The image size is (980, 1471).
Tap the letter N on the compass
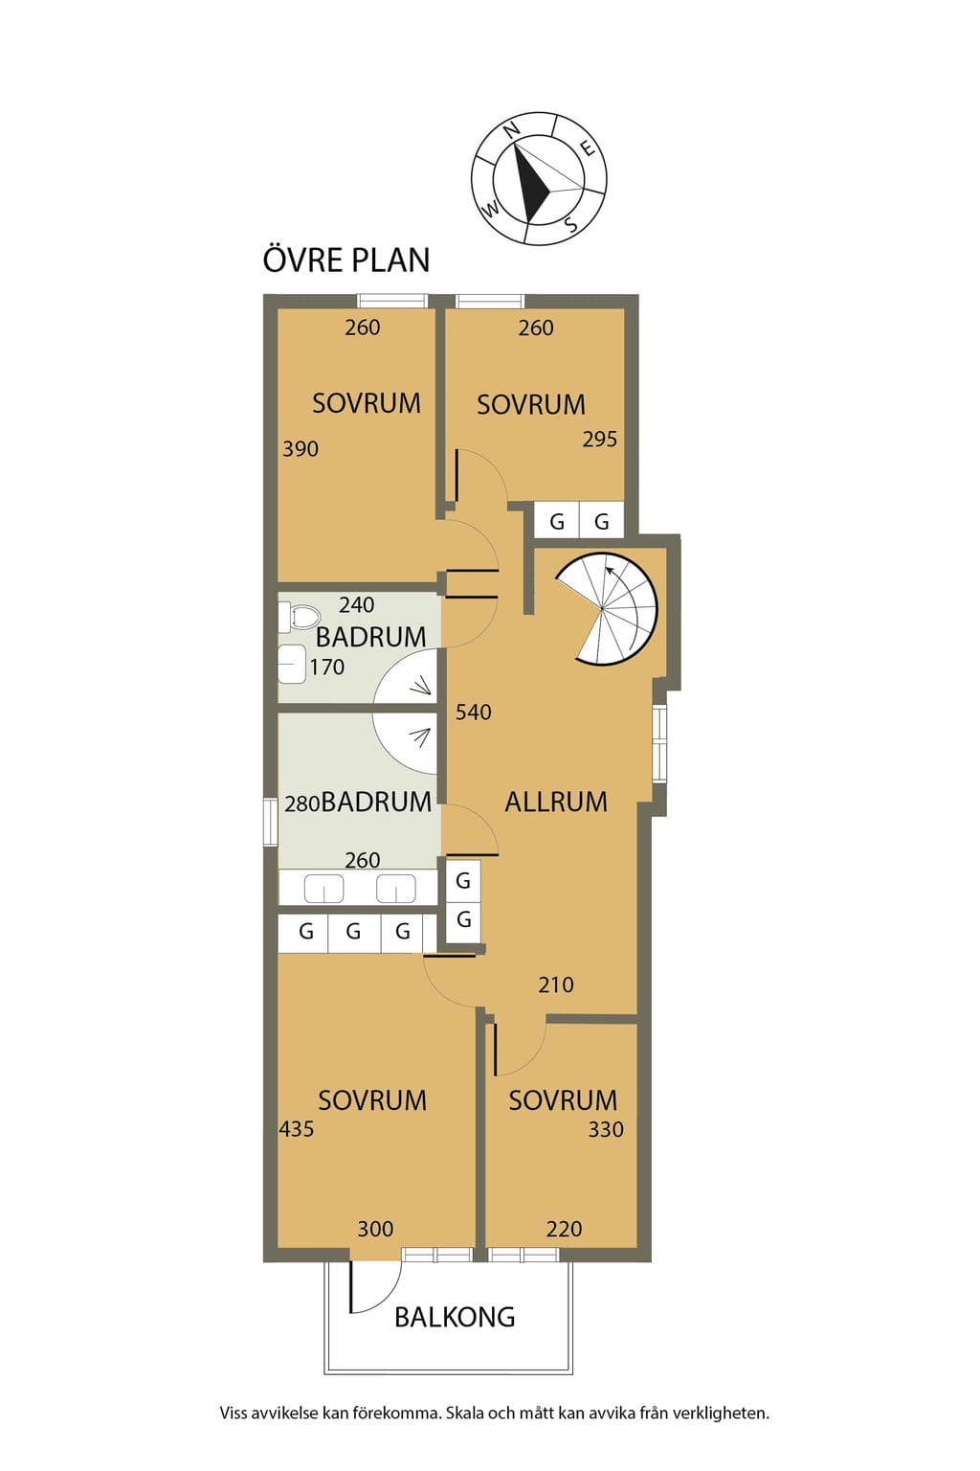[x=511, y=129]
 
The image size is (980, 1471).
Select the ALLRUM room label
[x=556, y=802]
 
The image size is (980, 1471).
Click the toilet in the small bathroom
[x=299, y=616]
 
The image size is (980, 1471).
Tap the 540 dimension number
[x=474, y=712]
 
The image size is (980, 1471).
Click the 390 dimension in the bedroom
[x=300, y=449]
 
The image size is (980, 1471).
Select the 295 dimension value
[x=599, y=439]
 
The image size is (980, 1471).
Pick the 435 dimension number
[x=296, y=1129]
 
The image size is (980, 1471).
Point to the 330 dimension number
[x=605, y=1129]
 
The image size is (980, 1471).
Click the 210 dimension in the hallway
[x=555, y=984]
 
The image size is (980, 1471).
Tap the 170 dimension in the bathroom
[x=327, y=668]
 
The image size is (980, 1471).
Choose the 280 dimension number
[x=301, y=803]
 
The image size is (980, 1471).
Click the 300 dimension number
[x=375, y=1229]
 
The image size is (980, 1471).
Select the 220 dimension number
[x=564, y=1229]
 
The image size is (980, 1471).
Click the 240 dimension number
[x=356, y=604]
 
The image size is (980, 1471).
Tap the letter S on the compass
[x=571, y=225]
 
